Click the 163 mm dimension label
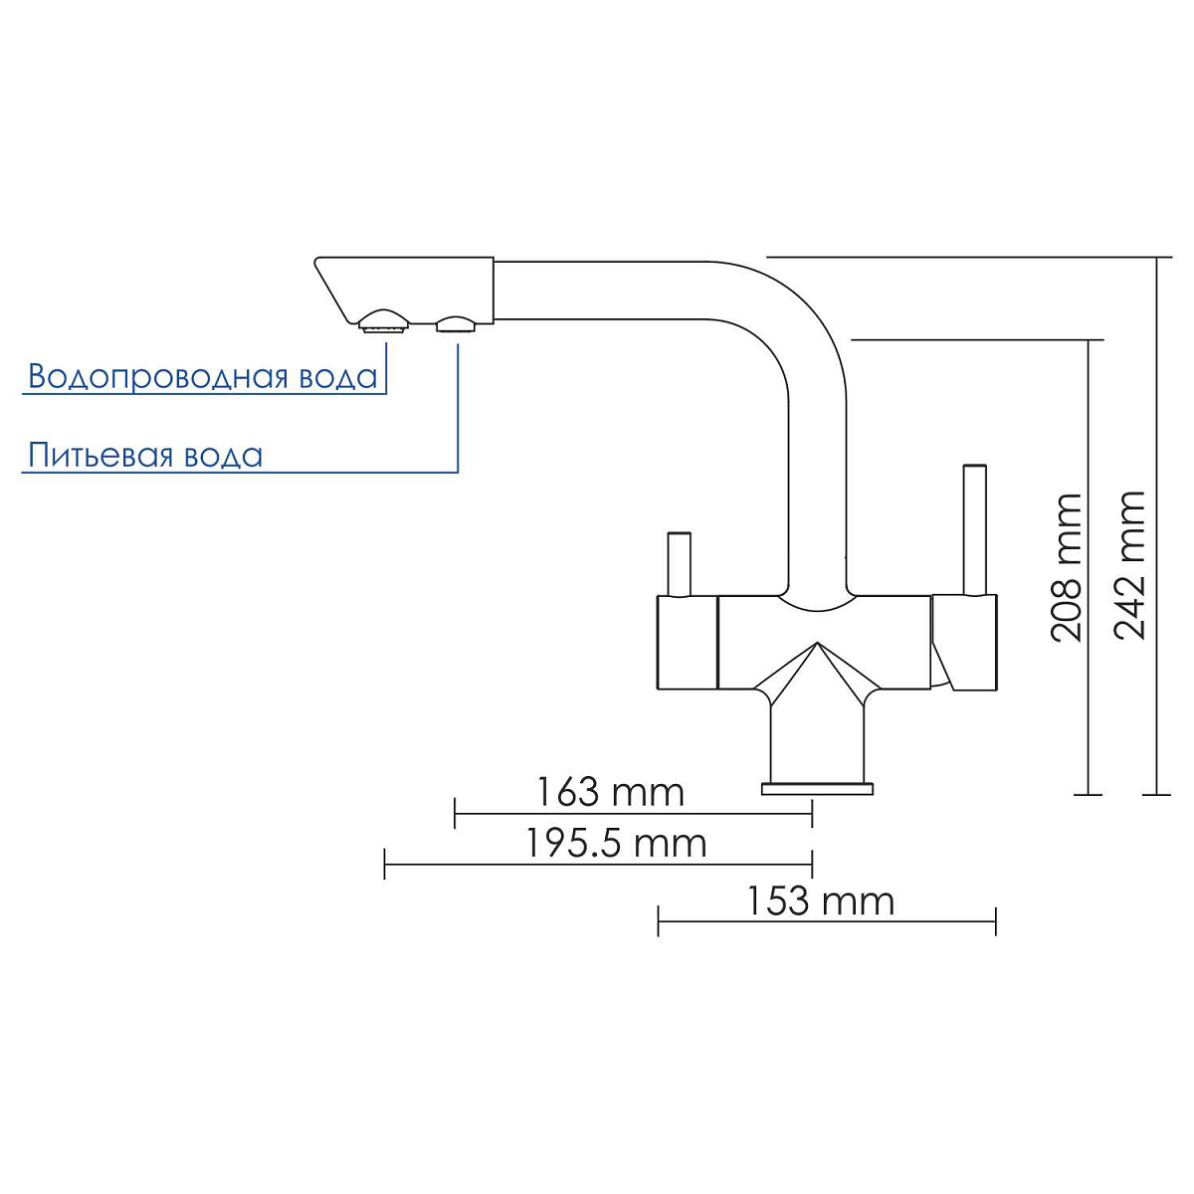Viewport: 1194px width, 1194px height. click(x=609, y=792)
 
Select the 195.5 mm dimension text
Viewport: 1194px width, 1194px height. click(x=616, y=844)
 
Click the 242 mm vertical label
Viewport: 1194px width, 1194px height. click(x=1129, y=565)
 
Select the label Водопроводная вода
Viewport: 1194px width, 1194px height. click(x=203, y=376)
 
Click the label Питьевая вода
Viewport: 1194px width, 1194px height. click(x=145, y=456)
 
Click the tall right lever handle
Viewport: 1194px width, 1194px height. click(x=974, y=529)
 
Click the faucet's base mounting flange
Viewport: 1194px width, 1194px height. click(x=817, y=789)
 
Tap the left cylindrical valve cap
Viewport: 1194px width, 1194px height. click(x=687, y=643)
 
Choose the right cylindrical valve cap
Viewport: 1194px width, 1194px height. click(x=965, y=642)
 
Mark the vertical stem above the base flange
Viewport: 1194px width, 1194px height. click(x=817, y=740)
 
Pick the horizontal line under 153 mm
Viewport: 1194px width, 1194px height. click(x=827, y=921)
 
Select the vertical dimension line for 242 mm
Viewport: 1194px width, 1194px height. click(x=1156, y=525)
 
